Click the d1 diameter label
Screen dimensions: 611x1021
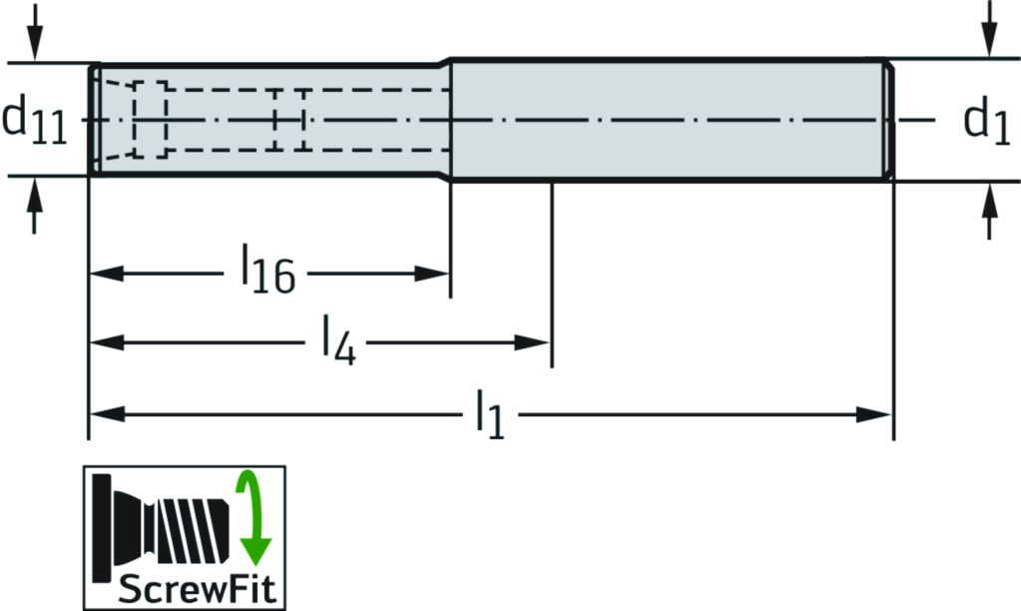[987, 122]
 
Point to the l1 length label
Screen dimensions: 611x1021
[488, 413]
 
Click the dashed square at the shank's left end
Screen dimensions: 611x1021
[151, 120]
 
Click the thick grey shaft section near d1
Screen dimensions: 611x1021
[669, 120]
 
